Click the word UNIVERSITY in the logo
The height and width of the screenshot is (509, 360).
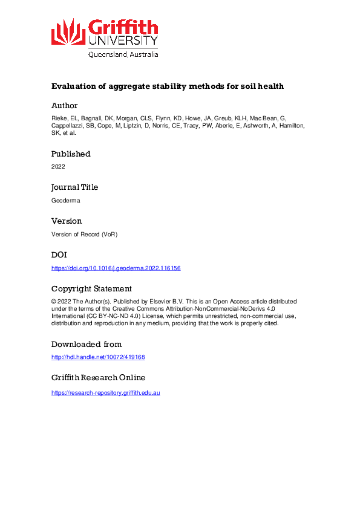[x=123, y=41]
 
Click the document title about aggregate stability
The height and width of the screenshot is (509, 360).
[x=168, y=86]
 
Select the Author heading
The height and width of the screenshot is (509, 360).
[x=65, y=106]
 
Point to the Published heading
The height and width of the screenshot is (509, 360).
[x=71, y=154]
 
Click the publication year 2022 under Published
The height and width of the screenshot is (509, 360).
[x=58, y=166]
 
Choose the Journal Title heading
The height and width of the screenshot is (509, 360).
[x=74, y=187]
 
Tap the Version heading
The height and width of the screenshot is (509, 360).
[x=67, y=221]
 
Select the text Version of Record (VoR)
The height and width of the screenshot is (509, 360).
[x=84, y=234]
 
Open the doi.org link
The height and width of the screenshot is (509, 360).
[x=116, y=268]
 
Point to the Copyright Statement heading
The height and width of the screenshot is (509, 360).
[x=91, y=289]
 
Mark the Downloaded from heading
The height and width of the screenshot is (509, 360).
[x=87, y=345]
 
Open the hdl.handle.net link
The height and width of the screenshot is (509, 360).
[x=98, y=357]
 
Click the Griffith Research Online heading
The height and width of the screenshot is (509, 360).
[x=98, y=378]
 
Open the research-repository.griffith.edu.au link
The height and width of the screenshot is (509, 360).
[x=106, y=393]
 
